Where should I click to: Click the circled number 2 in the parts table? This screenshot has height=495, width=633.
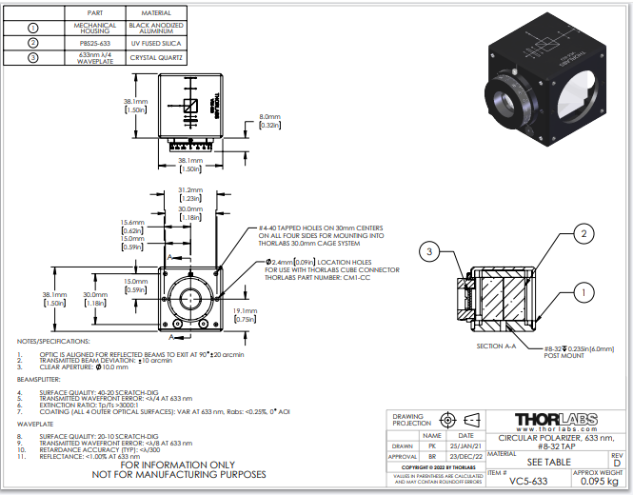click(33, 42)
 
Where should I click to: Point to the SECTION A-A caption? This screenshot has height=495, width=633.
click(498, 346)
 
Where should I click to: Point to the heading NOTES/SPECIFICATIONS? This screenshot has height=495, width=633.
click(54, 340)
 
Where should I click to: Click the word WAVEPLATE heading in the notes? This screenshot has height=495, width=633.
click(34, 424)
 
